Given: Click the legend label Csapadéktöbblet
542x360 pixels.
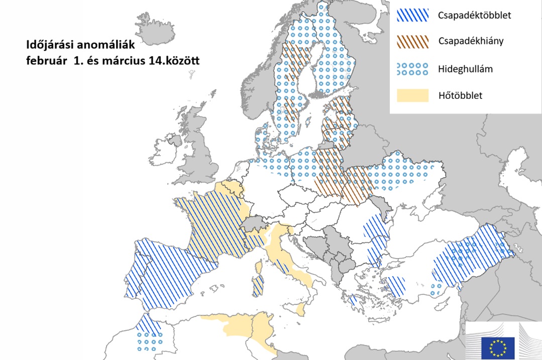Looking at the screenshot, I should tap(474, 15).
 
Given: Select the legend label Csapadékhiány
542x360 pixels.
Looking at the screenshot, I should tap(470, 41).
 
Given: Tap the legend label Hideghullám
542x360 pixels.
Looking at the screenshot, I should tap(465, 69).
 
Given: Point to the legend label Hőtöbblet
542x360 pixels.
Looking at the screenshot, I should tap(460, 95).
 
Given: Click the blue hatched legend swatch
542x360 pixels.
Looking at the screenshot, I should tap(412, 16).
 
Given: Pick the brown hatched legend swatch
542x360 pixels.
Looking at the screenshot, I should tap(412, 42).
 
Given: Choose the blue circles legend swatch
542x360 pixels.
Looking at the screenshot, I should tap(412, 69).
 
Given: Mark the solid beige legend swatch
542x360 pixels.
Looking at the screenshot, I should tap(412, 95).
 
